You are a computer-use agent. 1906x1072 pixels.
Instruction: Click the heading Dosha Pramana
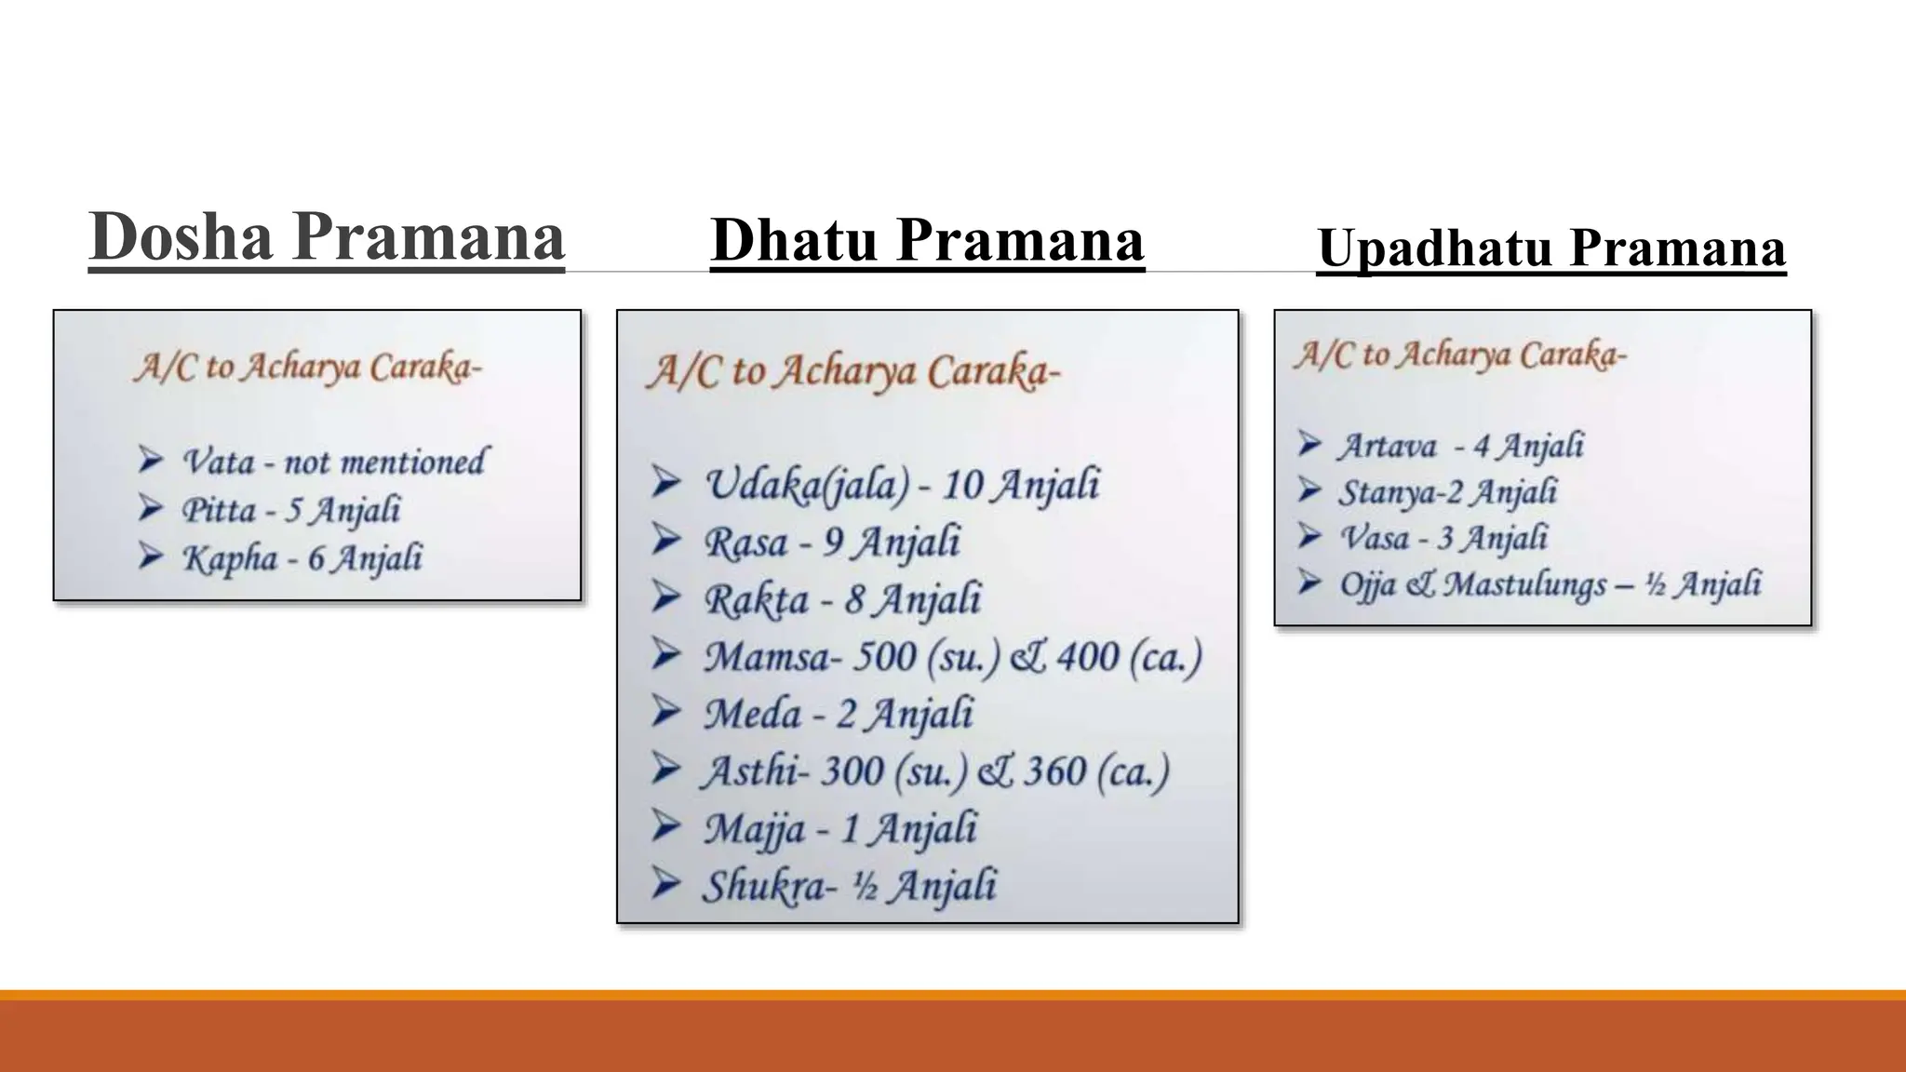(327, 237)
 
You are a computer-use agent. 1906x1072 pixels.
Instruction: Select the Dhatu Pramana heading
(927, 240)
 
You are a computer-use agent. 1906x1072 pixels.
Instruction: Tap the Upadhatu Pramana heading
(1551, 248)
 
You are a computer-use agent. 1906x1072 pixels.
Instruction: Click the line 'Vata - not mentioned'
(333, 462)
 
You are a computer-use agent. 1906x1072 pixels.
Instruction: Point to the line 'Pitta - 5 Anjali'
(290, 510)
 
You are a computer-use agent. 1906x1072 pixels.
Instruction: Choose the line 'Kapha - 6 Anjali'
(302, 558)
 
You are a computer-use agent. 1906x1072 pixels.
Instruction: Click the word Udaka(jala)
(806, 484)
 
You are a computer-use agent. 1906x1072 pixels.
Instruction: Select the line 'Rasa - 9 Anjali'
(832, 542)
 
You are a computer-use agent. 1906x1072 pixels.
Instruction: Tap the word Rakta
(756, 599)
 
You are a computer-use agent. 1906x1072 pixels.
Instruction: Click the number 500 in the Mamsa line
(884, 657)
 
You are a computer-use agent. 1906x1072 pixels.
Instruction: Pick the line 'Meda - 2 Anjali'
(838, 714)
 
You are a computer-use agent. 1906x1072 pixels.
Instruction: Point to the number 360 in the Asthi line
(1054, 771)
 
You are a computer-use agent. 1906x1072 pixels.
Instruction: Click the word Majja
(753, 828)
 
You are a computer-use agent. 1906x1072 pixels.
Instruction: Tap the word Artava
(1387, 446)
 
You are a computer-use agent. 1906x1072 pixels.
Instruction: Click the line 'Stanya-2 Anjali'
(1447, 491)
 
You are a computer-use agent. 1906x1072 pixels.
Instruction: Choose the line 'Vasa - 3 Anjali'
(1443, 538)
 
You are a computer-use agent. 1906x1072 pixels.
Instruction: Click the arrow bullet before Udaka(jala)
(665, 482)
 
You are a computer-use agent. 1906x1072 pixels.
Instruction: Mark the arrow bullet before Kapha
(151, 556)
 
